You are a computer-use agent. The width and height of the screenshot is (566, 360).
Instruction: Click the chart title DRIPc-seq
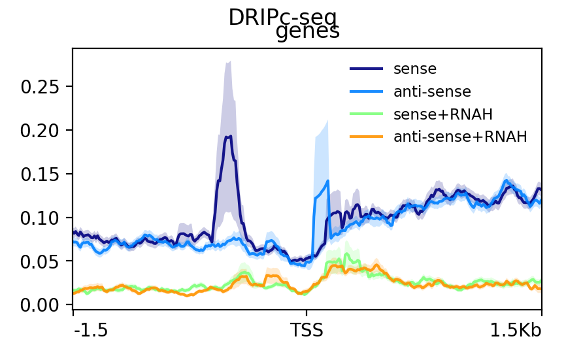(282, 18)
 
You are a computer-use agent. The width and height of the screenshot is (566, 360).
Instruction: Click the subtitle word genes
(308, 32)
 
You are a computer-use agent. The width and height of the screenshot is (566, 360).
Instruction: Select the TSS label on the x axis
(307, 331)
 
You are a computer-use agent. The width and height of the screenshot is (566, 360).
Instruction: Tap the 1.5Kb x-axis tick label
(516, 331)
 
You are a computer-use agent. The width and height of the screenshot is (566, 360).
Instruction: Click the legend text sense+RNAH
(442, 115)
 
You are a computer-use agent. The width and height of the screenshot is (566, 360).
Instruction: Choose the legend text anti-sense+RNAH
(459, 137)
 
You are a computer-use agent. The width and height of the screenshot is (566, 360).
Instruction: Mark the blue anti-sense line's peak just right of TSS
(327, 181)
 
